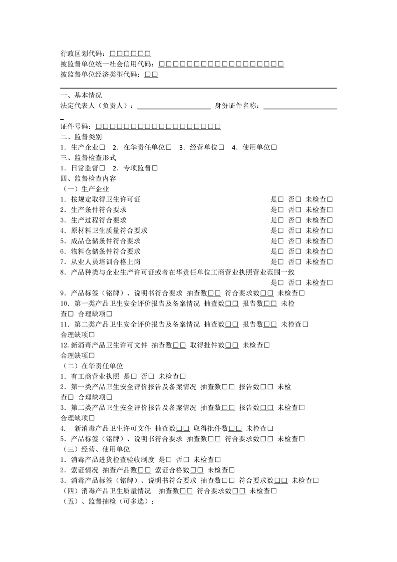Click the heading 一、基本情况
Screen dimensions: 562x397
pos(81,95)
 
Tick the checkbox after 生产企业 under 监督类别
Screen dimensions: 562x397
pos(103,147)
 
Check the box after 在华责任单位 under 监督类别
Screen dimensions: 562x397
pos(169,147)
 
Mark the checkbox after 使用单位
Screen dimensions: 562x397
pos(274,147)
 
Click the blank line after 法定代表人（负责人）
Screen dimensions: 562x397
pos(174,106)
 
